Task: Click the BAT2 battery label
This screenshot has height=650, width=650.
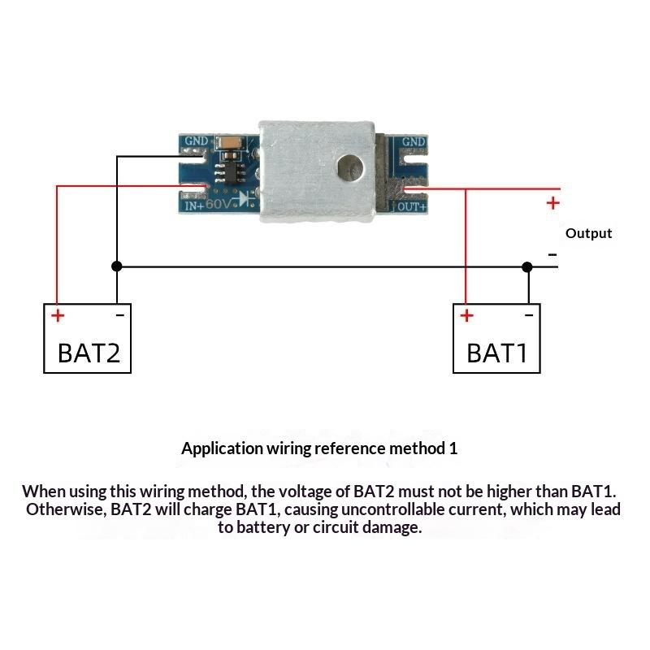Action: coord(89,353)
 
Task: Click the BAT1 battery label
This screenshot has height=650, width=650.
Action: coord(497,353)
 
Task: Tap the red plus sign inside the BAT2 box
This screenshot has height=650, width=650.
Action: coord(58,316)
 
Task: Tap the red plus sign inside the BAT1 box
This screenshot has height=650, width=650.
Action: coord(466,316)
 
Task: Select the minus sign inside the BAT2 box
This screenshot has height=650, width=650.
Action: coord(119,315)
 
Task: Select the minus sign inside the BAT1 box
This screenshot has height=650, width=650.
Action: coord(529,315)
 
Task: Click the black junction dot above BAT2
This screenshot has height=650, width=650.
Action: coord(117,266)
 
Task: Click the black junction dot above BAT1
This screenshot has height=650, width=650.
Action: coord(527,267)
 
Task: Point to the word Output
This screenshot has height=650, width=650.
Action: coord(588,233)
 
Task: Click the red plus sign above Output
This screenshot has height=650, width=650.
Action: coord(553,203)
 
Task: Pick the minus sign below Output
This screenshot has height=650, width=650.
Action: coord(552,254)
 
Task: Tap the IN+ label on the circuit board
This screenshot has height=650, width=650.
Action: coord(194,206)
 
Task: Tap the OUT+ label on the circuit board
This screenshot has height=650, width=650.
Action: coord(412,207)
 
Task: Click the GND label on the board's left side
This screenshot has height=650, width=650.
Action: coord(197,141)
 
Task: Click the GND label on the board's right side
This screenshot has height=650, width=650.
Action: coord(414,141)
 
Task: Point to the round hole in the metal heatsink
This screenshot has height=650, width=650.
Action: coord(350,168)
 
